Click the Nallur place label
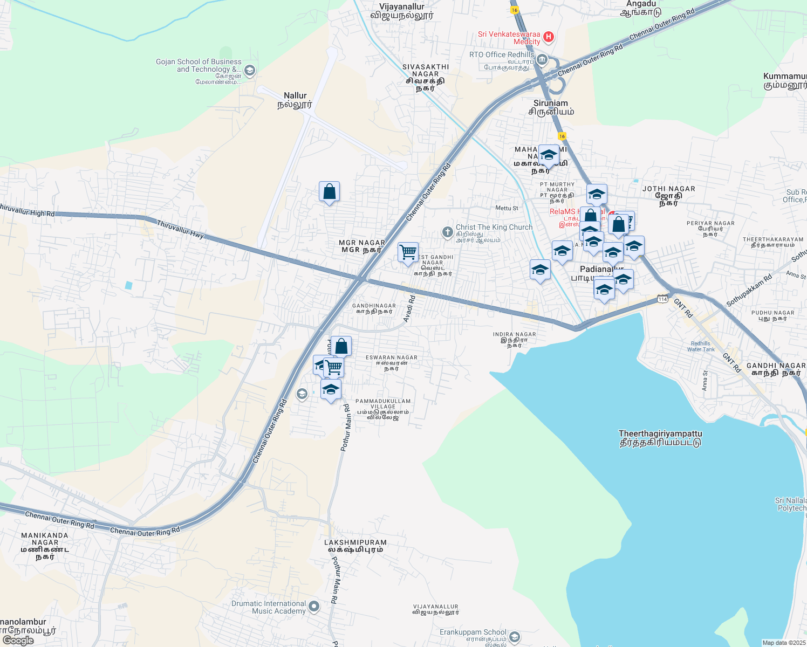pos(295,100)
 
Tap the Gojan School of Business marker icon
pos(249,70)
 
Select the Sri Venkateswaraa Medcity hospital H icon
pos(549,37)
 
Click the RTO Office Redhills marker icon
pos(542,59)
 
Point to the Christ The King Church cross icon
pos(447,232)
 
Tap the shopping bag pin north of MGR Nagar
pos(329,192)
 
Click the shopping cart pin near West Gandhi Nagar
pos(408,252)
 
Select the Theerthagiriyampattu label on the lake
pos(660,438)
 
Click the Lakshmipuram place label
pos(355,546)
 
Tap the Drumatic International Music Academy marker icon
pos(314,607)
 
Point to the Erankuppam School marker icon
pos(515,637)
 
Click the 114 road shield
pos(662,299)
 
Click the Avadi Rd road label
pos(409,309)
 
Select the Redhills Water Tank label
pos(701,346)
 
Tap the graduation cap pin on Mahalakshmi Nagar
pos(549,155)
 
